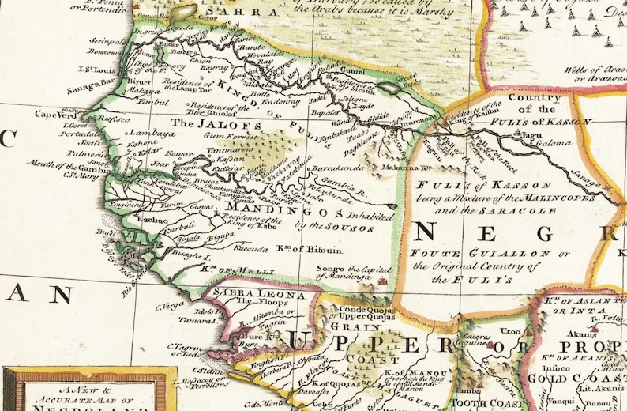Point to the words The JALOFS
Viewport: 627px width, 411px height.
[x=198, y=124]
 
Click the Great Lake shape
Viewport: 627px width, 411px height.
[x=389, y=89]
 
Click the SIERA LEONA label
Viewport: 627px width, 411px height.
[x=237, y=292]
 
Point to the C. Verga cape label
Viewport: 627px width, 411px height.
[x=169, y=306]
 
